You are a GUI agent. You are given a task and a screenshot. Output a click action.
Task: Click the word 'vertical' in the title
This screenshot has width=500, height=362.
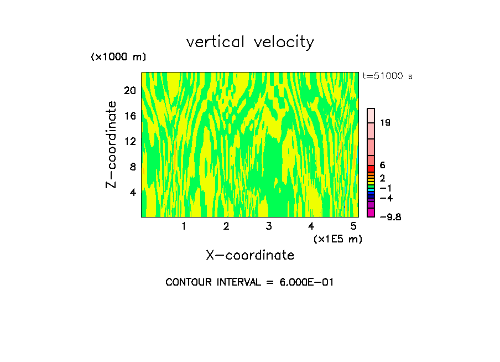tap(216, 42)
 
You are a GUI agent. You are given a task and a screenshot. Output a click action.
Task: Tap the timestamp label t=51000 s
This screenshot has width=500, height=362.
tap(387, 76)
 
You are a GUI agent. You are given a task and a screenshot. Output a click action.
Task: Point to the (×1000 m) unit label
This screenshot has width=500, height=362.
tap(118, 58)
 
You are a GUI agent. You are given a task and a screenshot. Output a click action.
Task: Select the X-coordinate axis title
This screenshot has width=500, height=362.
tap(250, 255)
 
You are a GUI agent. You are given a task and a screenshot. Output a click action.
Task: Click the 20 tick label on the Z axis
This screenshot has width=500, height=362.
tap(129, 91)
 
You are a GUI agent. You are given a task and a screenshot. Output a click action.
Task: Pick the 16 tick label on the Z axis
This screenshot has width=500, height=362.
tap(129, 116)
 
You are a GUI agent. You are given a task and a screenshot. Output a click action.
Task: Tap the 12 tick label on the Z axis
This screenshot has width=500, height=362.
tap(129, 142)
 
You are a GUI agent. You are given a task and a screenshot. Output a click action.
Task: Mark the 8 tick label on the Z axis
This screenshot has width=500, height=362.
tap(132, 167)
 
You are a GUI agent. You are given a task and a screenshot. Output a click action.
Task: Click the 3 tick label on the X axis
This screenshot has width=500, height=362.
tap(269, 226)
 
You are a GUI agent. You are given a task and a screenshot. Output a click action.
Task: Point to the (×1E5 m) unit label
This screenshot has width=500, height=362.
tap(337, 239)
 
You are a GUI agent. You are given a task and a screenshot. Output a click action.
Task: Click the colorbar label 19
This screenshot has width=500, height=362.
tap(386, 123)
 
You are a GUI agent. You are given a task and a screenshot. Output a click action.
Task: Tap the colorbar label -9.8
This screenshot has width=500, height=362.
tap(390, 217)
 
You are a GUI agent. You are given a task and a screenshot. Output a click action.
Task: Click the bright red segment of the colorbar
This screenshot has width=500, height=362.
tap(371, 169)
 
